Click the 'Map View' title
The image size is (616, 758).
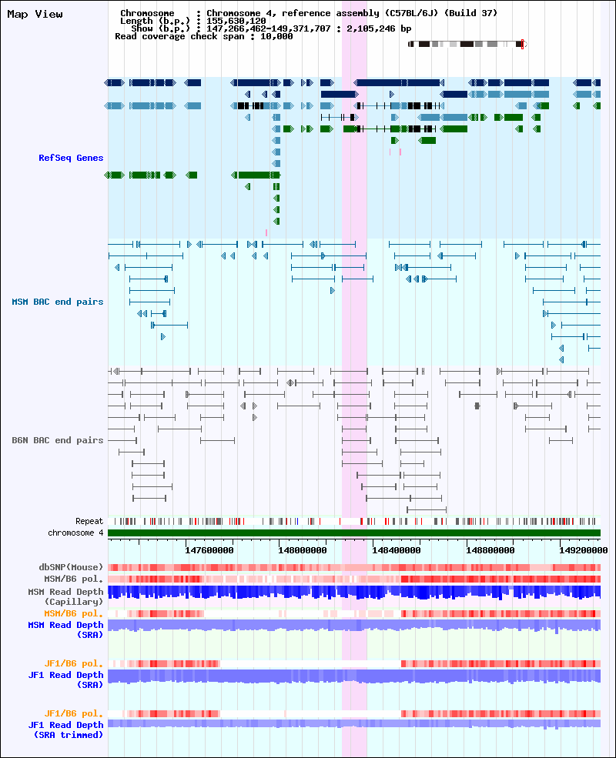35,14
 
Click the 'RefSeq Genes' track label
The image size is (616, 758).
71,158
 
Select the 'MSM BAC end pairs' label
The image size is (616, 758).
58,302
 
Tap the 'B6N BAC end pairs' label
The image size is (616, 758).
58,440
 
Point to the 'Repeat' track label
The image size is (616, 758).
89,521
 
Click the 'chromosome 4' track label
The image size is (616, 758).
75,533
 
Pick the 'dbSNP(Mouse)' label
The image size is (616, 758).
71,567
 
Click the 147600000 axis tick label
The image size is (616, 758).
209,550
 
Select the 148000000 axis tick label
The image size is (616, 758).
303,550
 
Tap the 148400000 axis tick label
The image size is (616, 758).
397,550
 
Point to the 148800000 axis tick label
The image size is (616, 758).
490,550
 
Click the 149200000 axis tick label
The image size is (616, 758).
584,550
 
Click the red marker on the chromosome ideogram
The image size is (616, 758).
522,44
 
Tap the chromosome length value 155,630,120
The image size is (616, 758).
236,21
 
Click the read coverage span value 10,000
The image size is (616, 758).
276,36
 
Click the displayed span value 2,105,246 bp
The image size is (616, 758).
379,28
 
